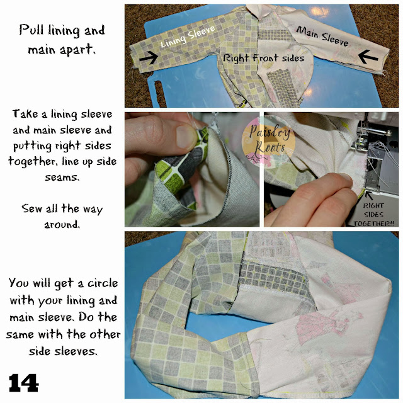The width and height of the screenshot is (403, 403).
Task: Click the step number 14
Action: coord(24,383)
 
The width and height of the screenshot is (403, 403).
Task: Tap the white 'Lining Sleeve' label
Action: coord(188,37)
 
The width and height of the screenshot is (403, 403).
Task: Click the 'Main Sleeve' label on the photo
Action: coord(322,37)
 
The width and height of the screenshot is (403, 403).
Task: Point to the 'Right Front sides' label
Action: coord(264,58)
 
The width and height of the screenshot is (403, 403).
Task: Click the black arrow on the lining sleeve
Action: coord(149,57)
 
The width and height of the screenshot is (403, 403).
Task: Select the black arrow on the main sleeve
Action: coord(368,57)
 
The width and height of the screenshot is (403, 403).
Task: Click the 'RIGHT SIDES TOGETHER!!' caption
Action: coord(373,214)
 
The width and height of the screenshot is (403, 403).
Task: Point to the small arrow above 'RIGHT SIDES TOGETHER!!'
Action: coord(369,195)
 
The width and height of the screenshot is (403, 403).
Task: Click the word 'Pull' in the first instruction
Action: coord(32,30)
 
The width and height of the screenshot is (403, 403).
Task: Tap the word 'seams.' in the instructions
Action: coord(62,178)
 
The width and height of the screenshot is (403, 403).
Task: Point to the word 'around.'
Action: coord(62,224)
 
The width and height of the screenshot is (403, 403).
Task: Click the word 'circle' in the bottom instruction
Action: coord(103,283)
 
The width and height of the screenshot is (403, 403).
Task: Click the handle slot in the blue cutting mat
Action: coord(159,93)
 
